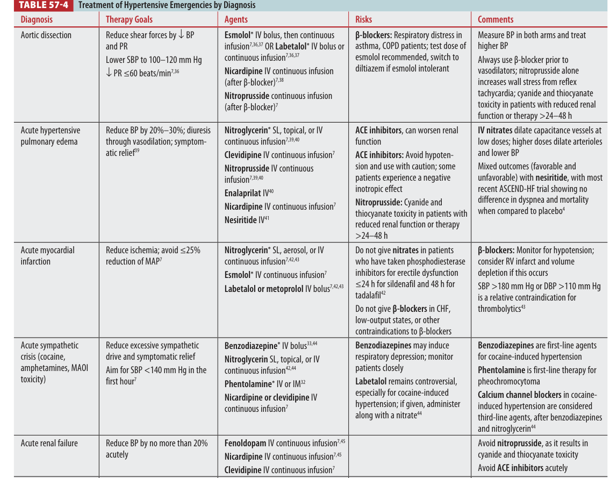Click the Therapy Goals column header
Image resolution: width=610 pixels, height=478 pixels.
tap(129, 19)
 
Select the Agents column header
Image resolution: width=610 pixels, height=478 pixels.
tap(236, 19)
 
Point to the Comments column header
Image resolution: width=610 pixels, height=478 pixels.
tap(496, 19)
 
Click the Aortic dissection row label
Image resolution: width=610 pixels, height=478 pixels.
tap(46, 35)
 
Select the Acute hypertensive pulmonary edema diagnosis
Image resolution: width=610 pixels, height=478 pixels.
tap(50, 136)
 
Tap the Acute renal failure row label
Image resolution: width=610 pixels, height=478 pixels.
tap(49, 443)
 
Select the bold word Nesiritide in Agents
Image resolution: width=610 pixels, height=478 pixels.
tap(240, 220)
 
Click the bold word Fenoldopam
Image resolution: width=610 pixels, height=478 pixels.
tap(245, 443)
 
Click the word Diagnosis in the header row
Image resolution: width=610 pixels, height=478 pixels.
tap(37, 19)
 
